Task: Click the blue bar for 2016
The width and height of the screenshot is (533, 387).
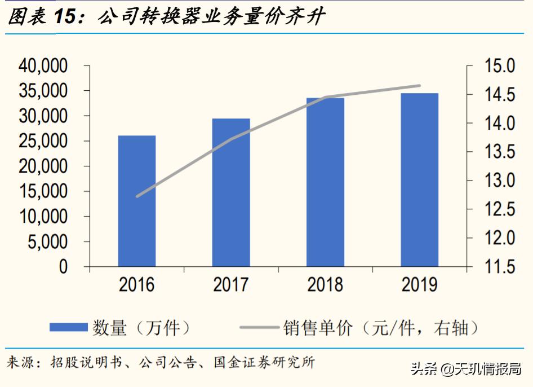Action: pyautogui.click(x=137, y=201)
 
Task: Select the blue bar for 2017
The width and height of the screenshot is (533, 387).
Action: pyautogui.click(x=231, y=192)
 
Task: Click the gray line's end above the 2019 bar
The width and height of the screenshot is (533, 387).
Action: pyautogui.click(x=420, y=86)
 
